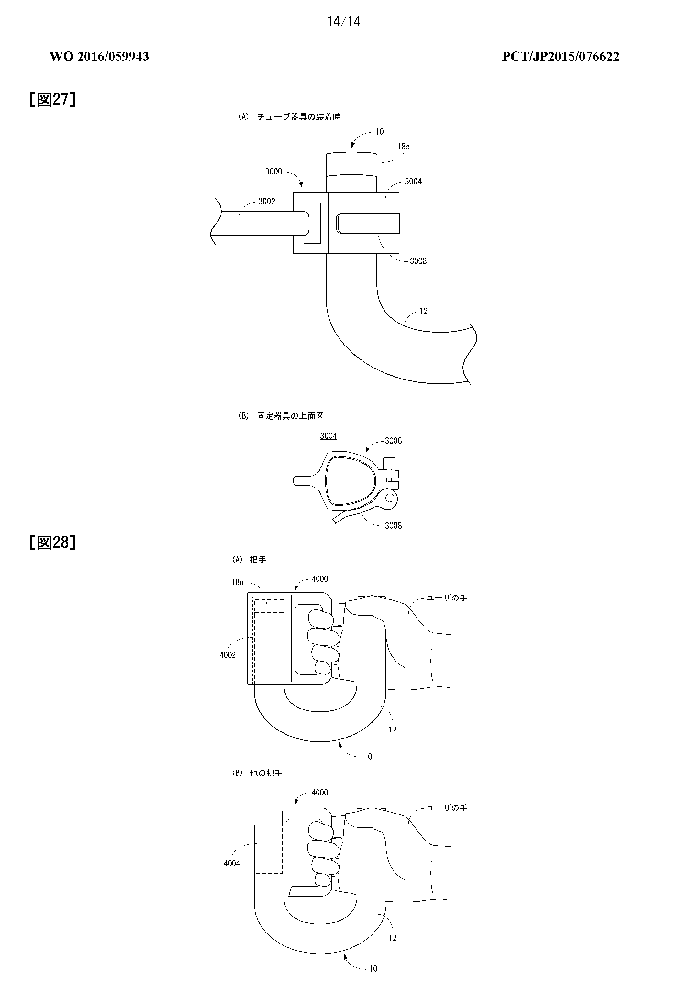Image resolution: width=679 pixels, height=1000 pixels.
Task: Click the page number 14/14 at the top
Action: pos(344,21)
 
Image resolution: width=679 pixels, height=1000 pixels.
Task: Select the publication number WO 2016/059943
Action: pos(99,56)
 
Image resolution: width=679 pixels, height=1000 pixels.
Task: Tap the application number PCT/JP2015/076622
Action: pos(561,56)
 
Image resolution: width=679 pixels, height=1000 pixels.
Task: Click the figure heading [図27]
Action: pos(52,99)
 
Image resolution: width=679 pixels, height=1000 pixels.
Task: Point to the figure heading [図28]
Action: pos(52,542)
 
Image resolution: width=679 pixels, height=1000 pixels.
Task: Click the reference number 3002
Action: pos(267,201)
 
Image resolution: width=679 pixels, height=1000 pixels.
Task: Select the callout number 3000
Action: pos(273,171)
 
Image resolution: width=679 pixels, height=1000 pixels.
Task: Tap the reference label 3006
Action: pos(393,441)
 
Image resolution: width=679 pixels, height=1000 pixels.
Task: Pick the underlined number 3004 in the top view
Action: pos(328,436)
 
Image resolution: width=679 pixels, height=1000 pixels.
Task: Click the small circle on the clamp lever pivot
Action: pos(390,498)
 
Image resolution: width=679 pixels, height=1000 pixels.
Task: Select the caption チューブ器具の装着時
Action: pos(299,116)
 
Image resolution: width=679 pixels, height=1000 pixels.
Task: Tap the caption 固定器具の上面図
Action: pos(290,416)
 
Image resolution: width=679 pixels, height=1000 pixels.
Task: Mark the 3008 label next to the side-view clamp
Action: pos(418,261)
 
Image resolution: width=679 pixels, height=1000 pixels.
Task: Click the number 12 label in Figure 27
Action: pos(423,311)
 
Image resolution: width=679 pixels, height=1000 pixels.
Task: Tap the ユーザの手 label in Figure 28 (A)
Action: pos(447,598)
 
